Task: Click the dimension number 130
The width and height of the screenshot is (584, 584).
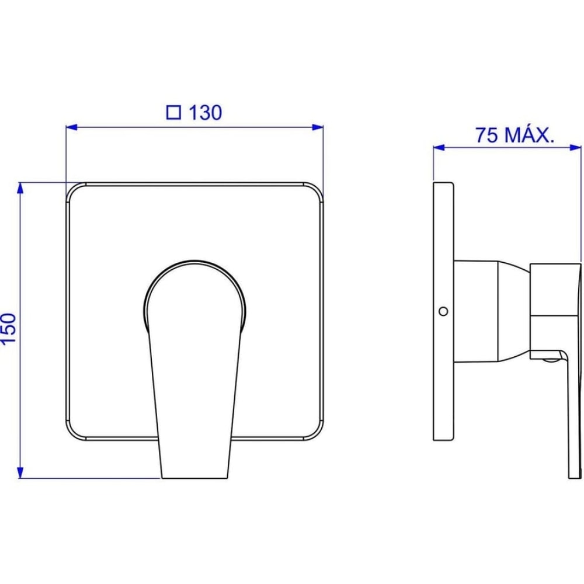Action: click(205, 112)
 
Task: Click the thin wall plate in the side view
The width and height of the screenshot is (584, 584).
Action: click(444, 380)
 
